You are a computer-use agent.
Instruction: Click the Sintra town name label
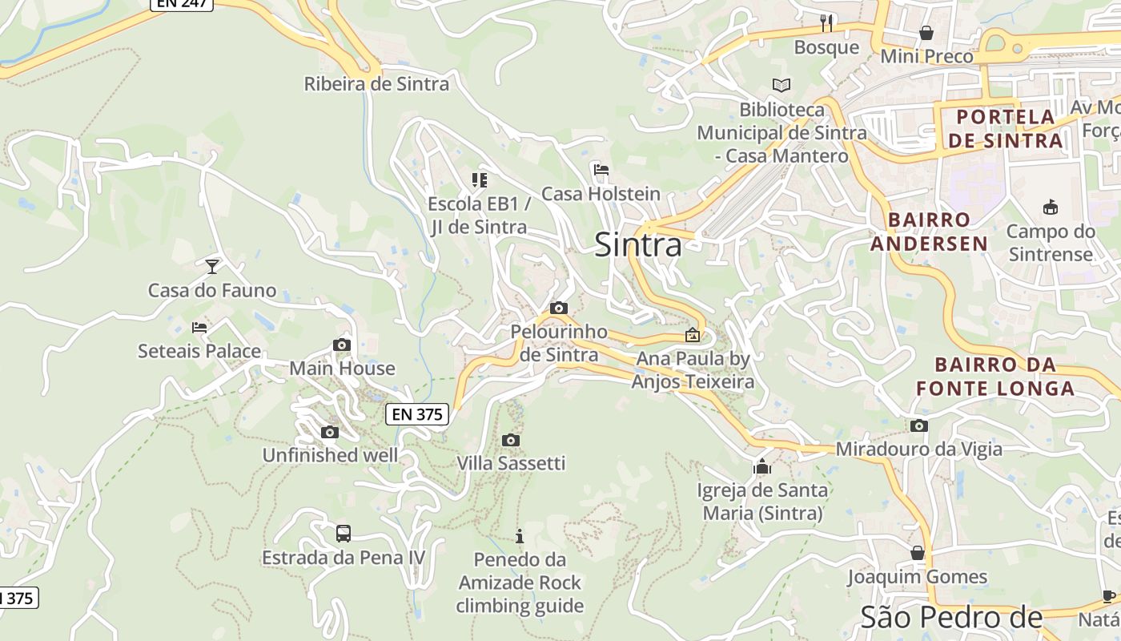pyautogui.click(x=638, y=245)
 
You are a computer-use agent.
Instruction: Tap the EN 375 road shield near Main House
pyautogui.click(x=417, y=414)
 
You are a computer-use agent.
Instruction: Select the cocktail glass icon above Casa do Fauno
pyautogui.click(x=212, y=266)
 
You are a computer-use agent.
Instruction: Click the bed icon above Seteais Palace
pyautogui.click(x=199, y=327)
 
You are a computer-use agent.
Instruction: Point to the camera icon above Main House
pyautogui.click(x=342, y=345)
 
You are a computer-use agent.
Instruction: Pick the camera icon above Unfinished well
pyautogui.click(x=329, y=433)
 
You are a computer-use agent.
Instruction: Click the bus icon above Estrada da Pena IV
pyautogui.click(x=343, y=533)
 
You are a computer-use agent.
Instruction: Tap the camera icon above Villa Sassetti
pyautogui.click(x=511, y=440)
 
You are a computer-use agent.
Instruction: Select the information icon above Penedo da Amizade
pyautogui.click(x=519, y=536)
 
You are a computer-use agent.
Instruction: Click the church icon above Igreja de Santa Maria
pyautogui.click(x=761, y=466)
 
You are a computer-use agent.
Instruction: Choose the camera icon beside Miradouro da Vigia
pyautogui.click(x=919, y=426)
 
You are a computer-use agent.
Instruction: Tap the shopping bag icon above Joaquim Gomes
pyautogui.click(x=918, y=554)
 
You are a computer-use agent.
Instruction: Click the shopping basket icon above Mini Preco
pyautogui.click(x=926, y=33)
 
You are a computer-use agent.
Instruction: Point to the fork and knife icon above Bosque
pyautogui.click(x=827, y=23)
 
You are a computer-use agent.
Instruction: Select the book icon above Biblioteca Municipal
pyautogui.click(x=781, y=85)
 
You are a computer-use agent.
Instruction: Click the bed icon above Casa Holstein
pyautogui.click(x=601, y=170)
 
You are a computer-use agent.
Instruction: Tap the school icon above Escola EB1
pyautogui.click(x=479, y=180)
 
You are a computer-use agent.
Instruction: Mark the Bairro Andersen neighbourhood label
pyautogui.click(x=929, y=232)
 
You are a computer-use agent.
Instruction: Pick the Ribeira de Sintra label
pyautogui.click(x=376, y=84)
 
